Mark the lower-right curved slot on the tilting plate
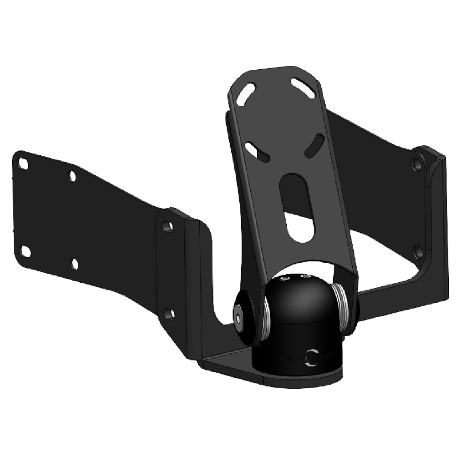click(x=313, y=145)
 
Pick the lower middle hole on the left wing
click(x=74, y=263)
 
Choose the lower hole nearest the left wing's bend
click(x=168, y=313)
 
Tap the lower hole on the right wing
click(x=418, y=251)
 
